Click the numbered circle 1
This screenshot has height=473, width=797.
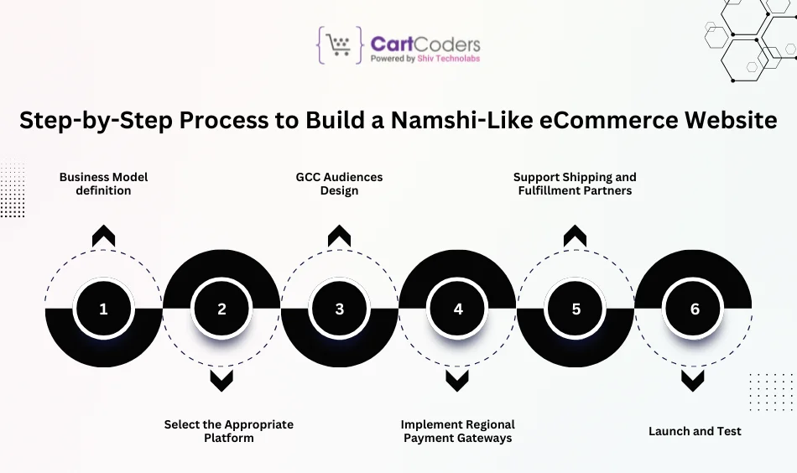(103, 309)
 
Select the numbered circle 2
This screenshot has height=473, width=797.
(221, 309)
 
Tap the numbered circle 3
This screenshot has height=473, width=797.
(339, 309)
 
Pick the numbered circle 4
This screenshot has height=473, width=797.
(457, 309)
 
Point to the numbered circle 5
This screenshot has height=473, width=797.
(576, 309)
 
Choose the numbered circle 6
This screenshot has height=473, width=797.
(694, 309)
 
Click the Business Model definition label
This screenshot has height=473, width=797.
(103, 184)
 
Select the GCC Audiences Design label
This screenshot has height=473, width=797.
(339, 184)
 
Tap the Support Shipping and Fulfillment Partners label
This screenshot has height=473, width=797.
(575, 184)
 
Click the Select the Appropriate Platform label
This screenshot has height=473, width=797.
(229, 431)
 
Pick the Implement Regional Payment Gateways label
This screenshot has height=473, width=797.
(457, 431)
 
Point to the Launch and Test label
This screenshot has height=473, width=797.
(695, 431)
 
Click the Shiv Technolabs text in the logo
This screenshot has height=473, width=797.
(449, 60)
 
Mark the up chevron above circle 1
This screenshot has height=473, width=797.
(103, 236)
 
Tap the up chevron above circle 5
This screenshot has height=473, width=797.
(576, 236)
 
